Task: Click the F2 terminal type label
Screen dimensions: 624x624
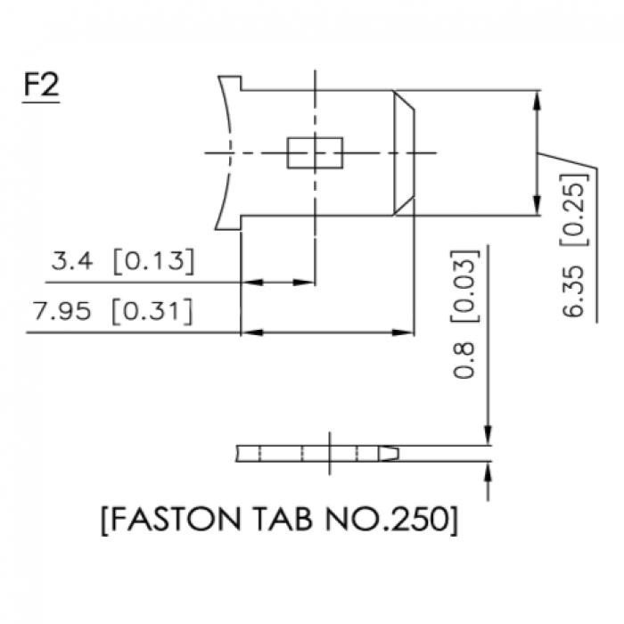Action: pyautogui.click(x=41, y=86)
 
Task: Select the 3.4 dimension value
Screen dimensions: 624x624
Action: pyautogui.click(x=71, y=261)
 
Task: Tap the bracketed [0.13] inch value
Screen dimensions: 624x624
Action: pyautogui.click(x=154, y=261)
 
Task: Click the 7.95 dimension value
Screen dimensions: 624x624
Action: pyautogui.click(x=62, y=311)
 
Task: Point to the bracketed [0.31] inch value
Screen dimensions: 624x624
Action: pyautogui.click(x=152, y=311)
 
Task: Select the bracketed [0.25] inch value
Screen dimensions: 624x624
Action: pyautogui.click(x=574, y=210)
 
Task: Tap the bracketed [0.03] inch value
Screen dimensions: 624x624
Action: pyautogui.click(x=464, y=285)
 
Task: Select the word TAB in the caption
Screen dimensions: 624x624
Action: pyautogui.click(x=283, y=519)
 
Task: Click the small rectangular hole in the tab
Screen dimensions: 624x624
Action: pyautogui.click(x=315, y=152)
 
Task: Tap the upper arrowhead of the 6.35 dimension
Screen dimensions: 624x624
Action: pyautogui.click(x=537, y=101)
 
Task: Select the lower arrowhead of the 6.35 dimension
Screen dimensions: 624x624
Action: pyautogui.click(x=537, y=205)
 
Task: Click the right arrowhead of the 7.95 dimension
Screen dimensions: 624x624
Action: pyautogui.click(x=403, y=333)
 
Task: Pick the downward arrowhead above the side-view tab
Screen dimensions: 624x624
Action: pyautogui.click(x=489, y=435)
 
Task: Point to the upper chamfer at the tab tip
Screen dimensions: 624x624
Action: pyautogui.click(x=404, y=100)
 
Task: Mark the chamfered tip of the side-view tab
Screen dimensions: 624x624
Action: pyautogui.click(x=389, y=454)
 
